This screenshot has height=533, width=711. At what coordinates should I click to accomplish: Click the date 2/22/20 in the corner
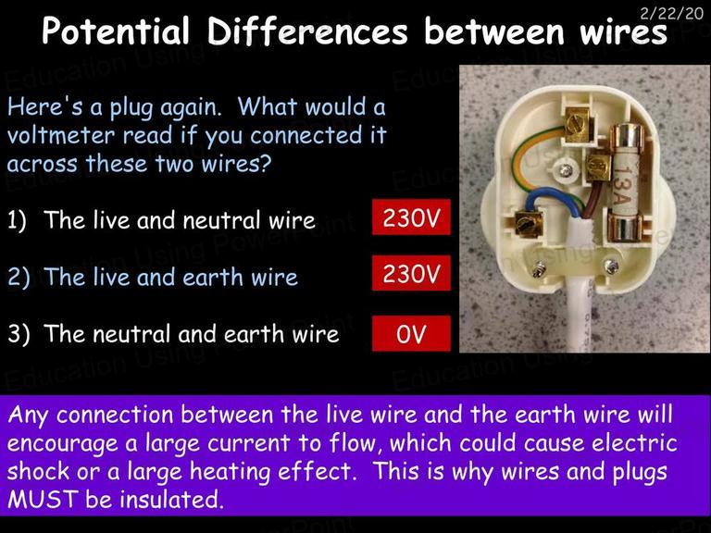(x=671, y=13)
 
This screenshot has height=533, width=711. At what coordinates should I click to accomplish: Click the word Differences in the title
(x=307, y=31)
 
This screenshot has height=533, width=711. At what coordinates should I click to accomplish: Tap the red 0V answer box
(x=411, y=333)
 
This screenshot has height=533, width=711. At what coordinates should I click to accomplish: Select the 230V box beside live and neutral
(x=411, y=217)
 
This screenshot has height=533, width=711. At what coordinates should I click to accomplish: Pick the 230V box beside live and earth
(x=411, y=273)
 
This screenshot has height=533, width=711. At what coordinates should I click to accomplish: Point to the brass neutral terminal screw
(x=527, y=224)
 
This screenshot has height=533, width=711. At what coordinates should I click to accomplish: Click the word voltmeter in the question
(x=61, y=135)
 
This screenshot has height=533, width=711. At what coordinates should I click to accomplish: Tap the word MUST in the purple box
(x=42, y=499)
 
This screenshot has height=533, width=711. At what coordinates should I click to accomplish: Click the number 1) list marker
(x=18, y=220)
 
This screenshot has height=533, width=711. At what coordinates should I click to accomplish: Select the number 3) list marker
(x=19, y=334)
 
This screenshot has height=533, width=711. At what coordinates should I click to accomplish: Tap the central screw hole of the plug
(x=566, y=170)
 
